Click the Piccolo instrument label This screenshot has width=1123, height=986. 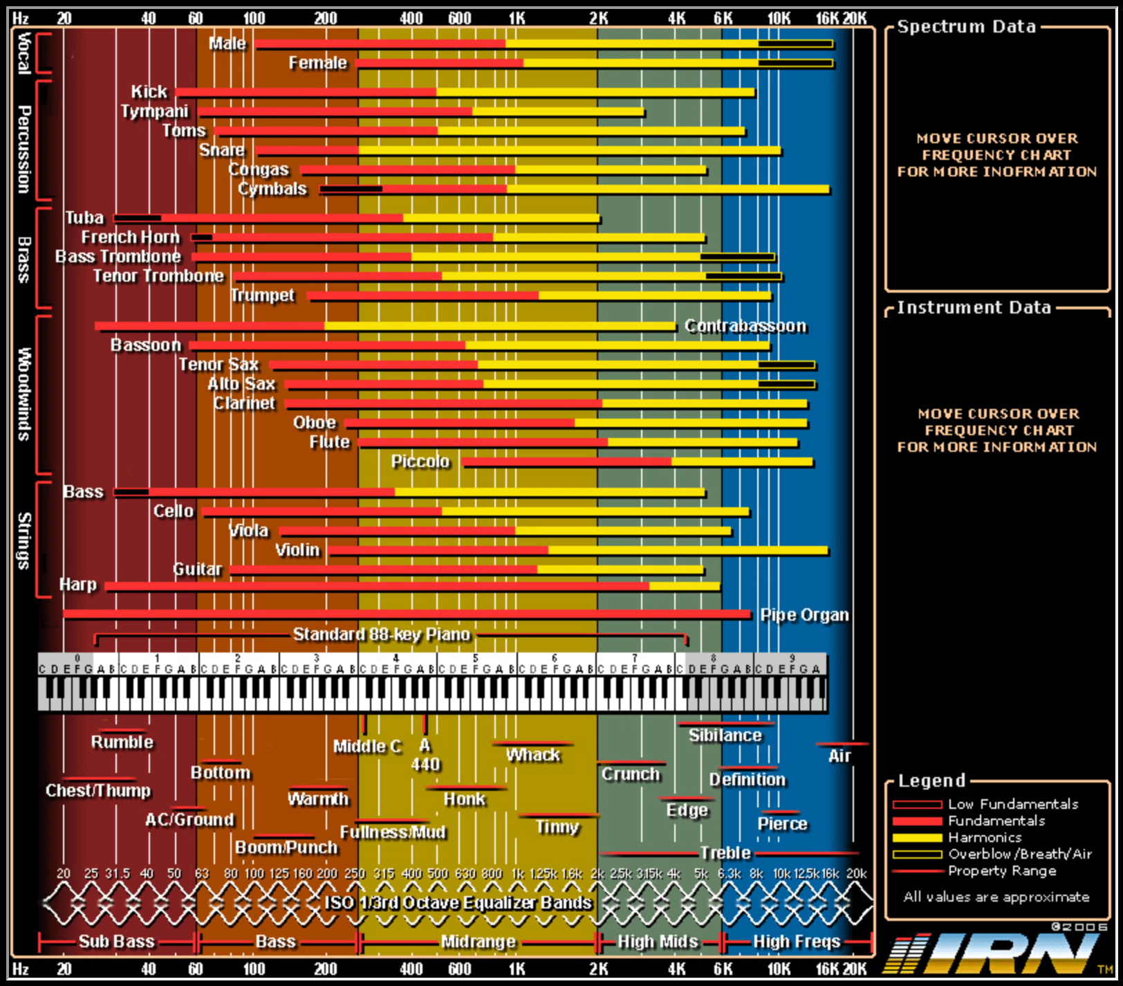coord(420,462)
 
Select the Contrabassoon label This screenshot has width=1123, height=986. coord(745,326)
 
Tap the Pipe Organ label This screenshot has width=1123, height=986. coord(804,615)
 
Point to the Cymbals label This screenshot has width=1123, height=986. coord(272,189)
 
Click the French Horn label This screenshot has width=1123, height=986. coord(130,237)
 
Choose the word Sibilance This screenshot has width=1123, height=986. coord(725,736)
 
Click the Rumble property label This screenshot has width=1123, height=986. coord(122,742)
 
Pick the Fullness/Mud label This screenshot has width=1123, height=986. coord(392,832)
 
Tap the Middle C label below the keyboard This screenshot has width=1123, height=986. coord(366,747)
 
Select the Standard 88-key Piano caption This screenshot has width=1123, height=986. coord(381,634)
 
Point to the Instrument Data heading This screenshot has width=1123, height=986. coord(974,308)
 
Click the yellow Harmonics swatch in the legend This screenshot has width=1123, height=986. coord(917,838)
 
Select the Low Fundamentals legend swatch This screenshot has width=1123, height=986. coord(917,805)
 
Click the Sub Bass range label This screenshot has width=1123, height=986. coord(116,942)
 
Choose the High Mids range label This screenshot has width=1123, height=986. coord(658,942)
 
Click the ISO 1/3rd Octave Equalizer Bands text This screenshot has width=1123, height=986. coord(458,903)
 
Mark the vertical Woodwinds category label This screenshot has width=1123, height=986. coord(25,394)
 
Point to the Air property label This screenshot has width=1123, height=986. coord(839,756)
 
